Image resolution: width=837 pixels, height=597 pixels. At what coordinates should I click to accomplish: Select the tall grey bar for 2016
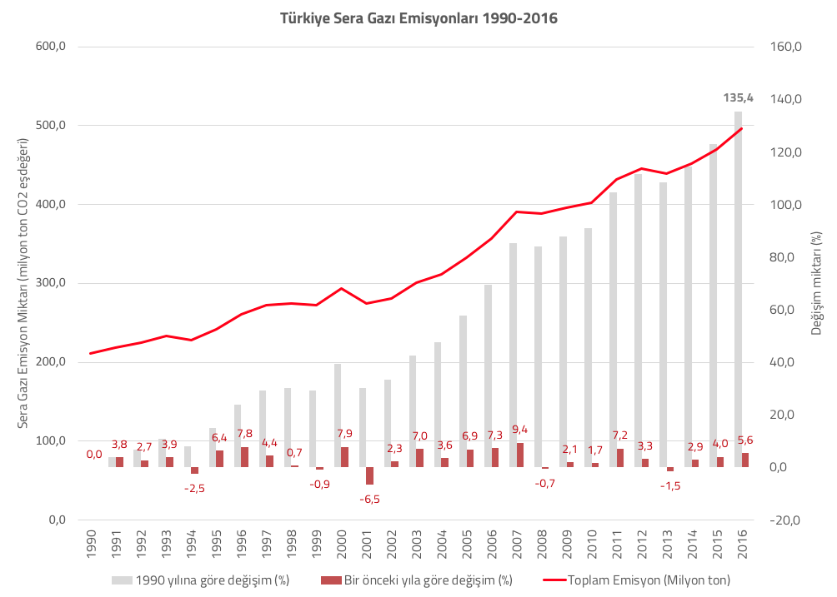739,290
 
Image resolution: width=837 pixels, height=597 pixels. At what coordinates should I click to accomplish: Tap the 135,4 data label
739,97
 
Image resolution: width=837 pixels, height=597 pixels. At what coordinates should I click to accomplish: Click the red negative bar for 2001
370,476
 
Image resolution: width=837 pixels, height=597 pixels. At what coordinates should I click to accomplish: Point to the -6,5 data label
369,500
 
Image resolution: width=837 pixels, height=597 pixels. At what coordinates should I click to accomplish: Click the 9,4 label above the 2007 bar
519,429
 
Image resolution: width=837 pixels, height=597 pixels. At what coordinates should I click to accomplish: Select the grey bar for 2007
513,356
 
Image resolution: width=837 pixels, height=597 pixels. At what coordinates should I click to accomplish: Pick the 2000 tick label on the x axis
342,545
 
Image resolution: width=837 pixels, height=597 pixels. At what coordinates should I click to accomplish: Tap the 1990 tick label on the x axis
91,545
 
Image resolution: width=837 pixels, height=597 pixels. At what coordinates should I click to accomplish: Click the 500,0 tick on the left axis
50,125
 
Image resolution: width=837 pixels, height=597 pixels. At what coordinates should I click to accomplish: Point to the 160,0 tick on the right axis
786,47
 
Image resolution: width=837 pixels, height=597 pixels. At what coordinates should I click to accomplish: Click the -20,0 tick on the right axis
784,520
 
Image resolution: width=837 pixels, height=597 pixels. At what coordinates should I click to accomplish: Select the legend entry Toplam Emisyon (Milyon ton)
636,580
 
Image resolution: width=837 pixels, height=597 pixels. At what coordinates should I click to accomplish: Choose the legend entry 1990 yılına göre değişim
200,580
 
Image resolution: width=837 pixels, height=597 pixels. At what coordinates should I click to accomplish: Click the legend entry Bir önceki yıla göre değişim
417,580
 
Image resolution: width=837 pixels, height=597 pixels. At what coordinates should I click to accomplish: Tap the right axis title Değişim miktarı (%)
816,283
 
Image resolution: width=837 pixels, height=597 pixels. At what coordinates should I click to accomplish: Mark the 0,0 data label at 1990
94,454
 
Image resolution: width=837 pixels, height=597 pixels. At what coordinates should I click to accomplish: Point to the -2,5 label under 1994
194,488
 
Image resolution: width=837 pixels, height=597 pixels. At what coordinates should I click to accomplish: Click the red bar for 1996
244,457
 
